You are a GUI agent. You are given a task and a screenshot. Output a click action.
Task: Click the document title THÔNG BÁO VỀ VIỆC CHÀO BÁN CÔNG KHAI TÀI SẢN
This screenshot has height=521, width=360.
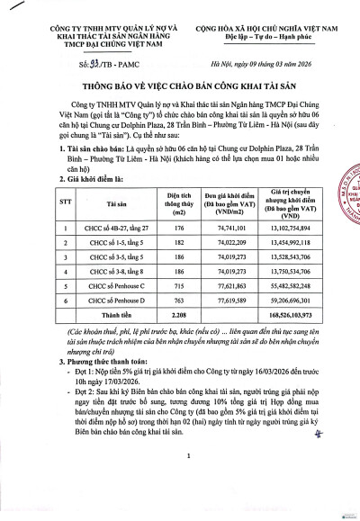pos(180,88)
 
